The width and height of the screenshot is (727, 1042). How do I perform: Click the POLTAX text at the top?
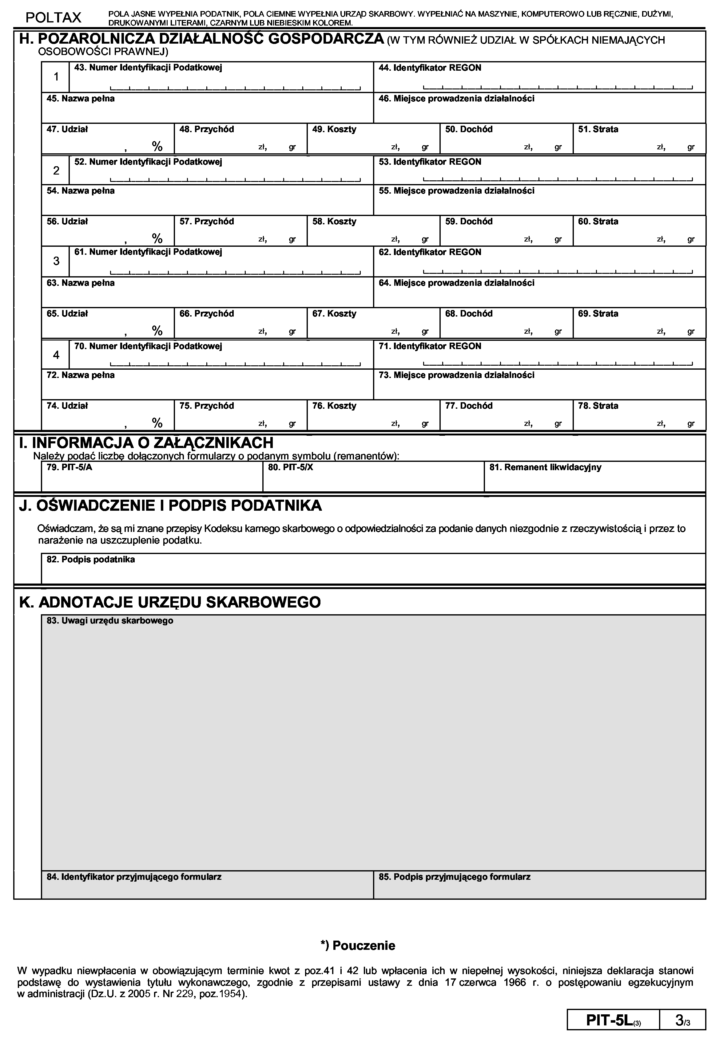pyautogui.click(x=53, y=18)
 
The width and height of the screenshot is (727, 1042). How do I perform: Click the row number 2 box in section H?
pyautogui.click(x=56, y=171)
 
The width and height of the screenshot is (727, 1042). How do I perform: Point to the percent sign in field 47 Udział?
pyautogui.click(x=157, y=146)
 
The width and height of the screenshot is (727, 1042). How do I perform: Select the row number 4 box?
pyautogui.click(x=56, y=355)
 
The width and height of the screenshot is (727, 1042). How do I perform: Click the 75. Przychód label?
pyautogui.click(x=207, y=406)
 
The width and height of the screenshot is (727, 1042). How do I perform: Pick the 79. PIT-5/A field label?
pyautogui.click(x=70, y=467)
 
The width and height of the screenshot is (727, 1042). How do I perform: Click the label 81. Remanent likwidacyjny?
pyautogui.click(x=545, y=467)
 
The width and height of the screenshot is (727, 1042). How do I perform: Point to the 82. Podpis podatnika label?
pyautogui.click(x=91, y=560)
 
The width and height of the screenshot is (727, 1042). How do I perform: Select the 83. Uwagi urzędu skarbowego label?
pyautogui.click(x=110, y=620)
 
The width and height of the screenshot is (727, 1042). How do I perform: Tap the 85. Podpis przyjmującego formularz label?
pyautogui.click(x=454, y=877)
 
